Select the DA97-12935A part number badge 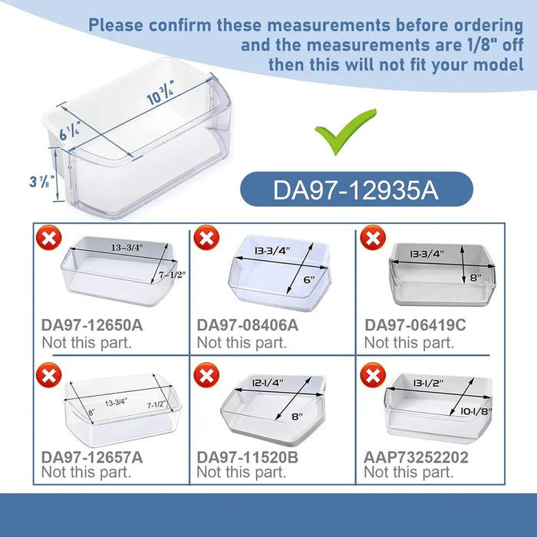coord(356,189)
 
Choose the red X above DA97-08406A coord(206,239)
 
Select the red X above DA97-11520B coord(206,375)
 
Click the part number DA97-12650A coord(92,325)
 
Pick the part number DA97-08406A coord(248,325)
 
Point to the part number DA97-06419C coord(415,325)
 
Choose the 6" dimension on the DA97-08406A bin coord(309,281)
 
